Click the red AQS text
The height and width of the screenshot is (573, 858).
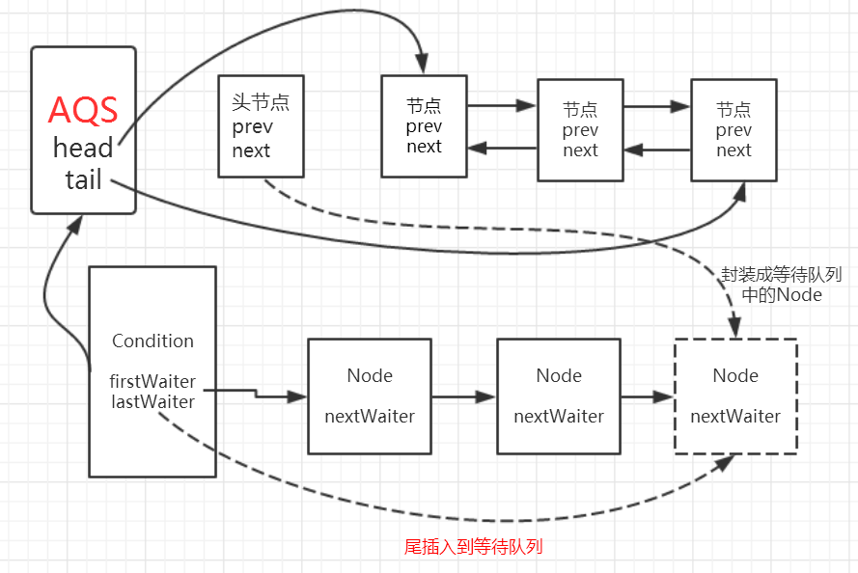click(83, 110)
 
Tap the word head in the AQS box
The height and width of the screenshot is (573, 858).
click(83, 148)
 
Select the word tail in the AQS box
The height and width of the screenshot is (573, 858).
click(83, 180)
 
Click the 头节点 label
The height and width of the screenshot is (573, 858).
click(261, 102)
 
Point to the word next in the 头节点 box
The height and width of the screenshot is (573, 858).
click(251, 150)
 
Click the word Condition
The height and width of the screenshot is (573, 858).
click(152, 341)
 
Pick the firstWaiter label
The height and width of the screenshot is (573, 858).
click(152, 381)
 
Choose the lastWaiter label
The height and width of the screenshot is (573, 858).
click(152, 401)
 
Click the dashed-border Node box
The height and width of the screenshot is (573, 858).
click(735, 396)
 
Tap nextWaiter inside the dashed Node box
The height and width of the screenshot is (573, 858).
click(735, 417)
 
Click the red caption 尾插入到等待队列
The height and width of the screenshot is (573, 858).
click(473, 547)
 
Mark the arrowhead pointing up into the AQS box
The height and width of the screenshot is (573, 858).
click(74, 223)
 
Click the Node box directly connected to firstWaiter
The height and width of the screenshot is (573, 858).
click(369, 396)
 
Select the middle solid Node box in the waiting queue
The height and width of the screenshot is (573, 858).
click(559, 396)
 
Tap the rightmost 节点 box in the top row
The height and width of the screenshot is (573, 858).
click(733, 129)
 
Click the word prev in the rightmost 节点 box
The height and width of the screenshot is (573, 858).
click(733, 130)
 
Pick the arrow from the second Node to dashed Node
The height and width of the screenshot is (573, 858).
click(648, 396)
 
